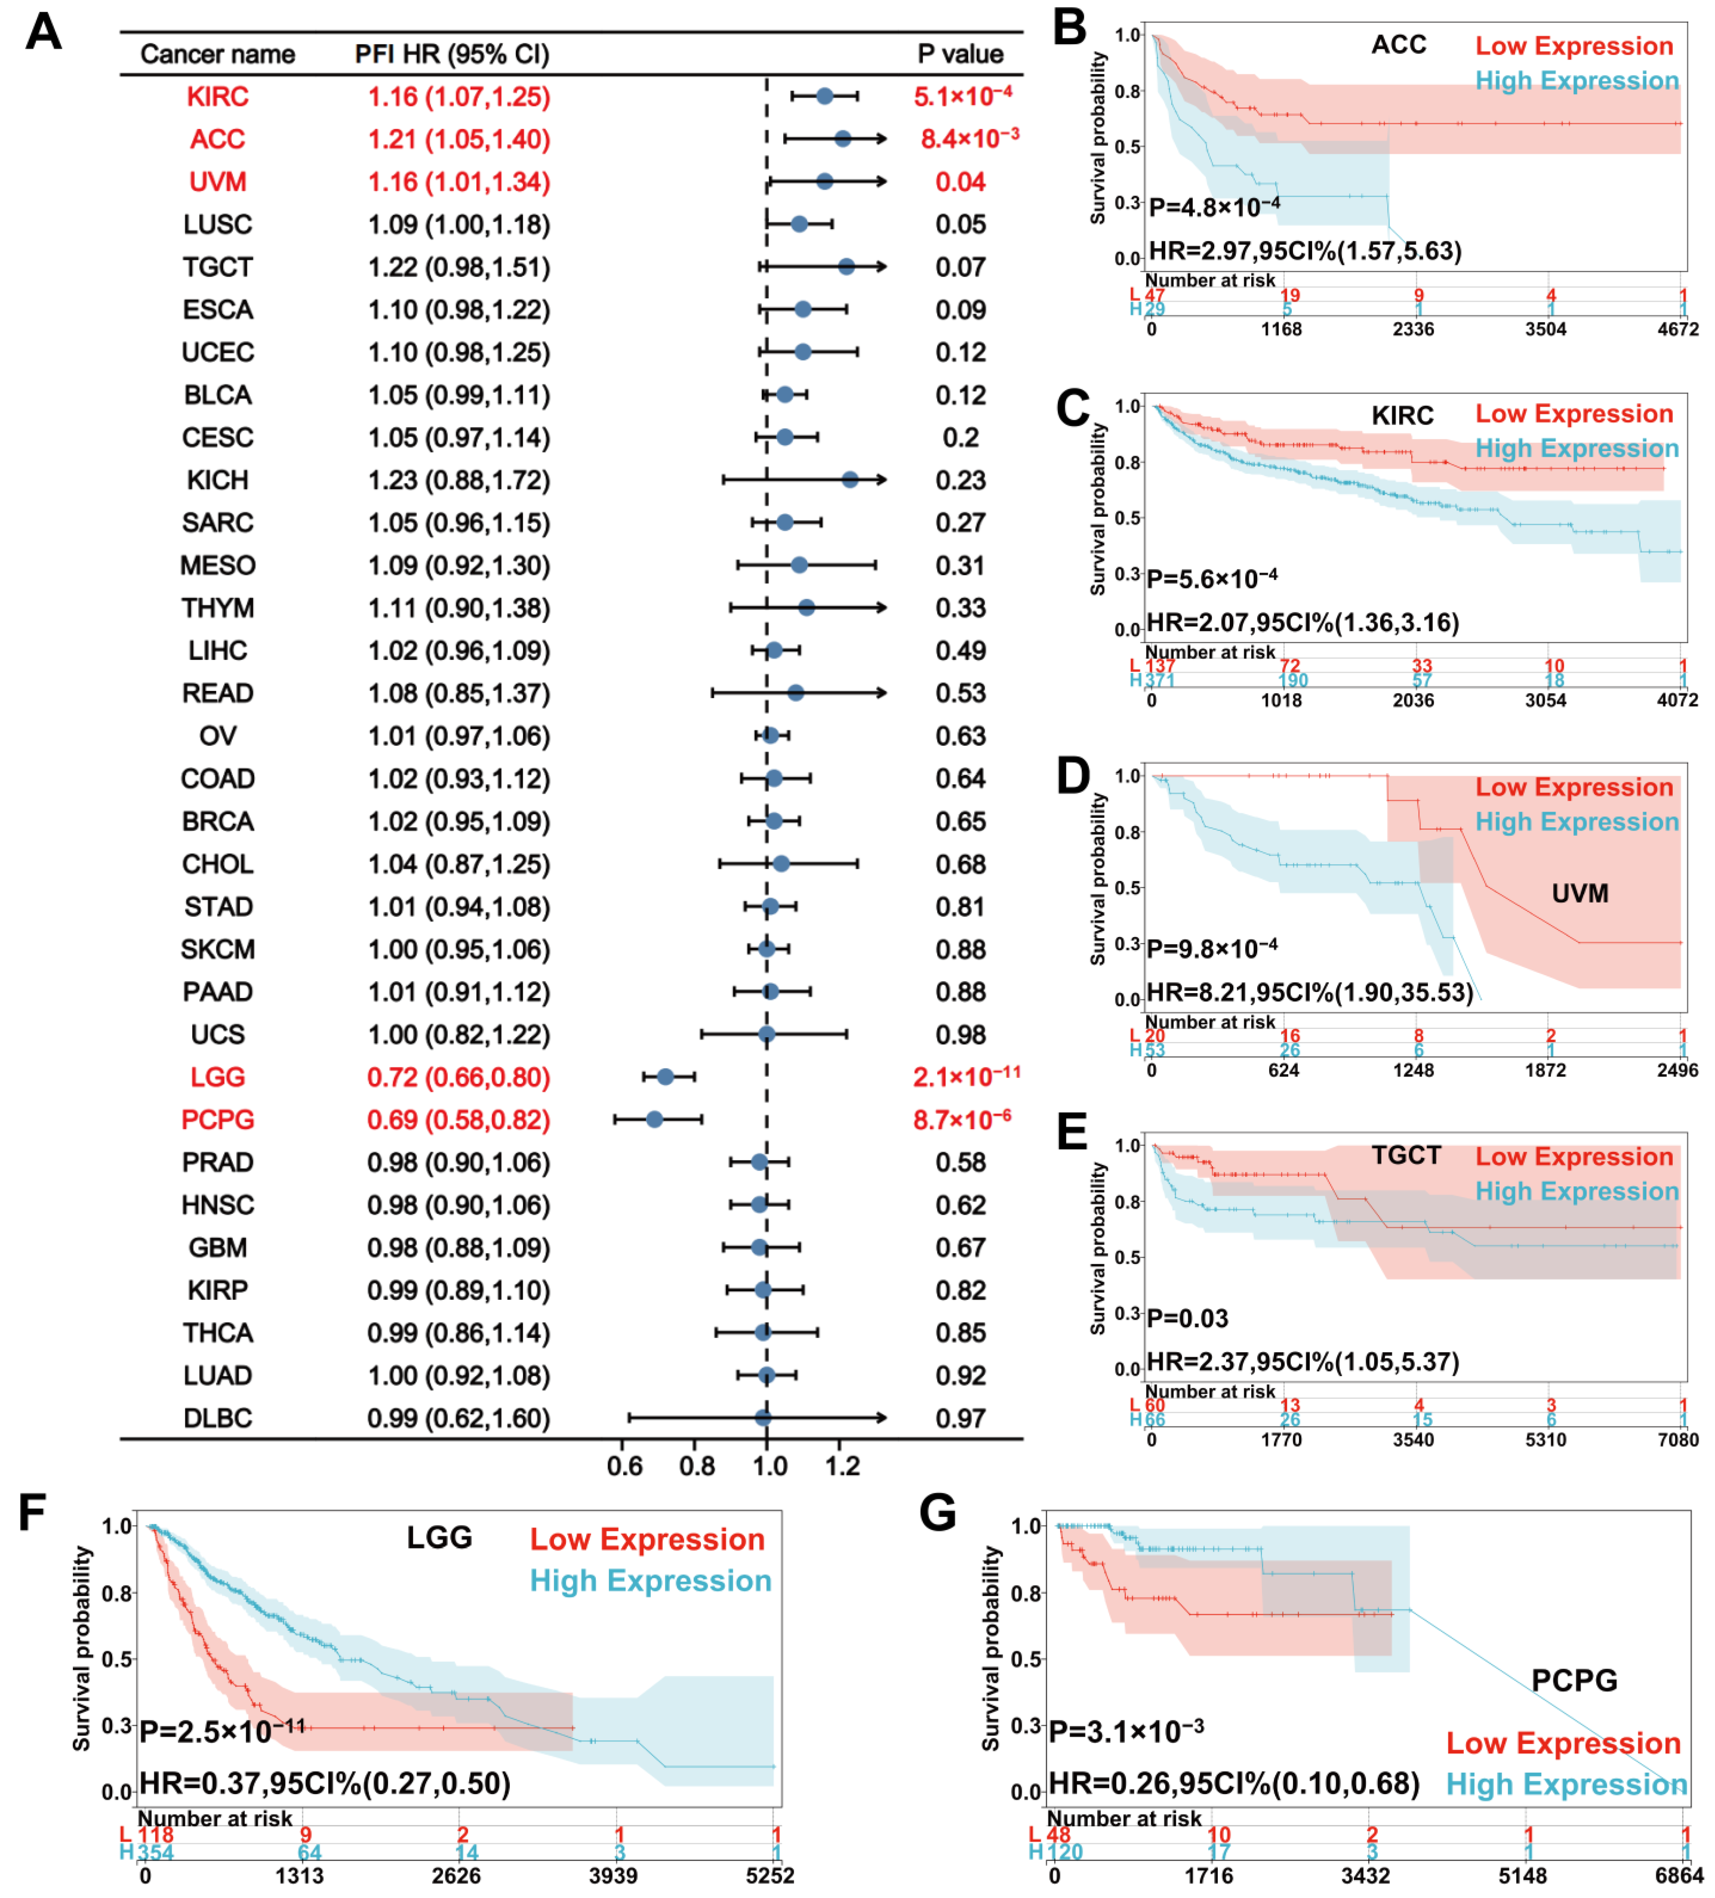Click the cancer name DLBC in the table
(x=218, y=1418)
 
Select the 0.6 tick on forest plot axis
(x=624, y=1466)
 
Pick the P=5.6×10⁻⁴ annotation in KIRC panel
(x=1212, y=577)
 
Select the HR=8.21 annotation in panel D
(x=1309, y=992)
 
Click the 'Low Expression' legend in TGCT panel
(x=1574, y=1156)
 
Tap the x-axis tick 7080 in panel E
(x=1677, y=1440)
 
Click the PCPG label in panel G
(x=1574, y=1680)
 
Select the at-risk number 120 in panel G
(x=1065, y=1852)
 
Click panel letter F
(x=33, y=1513)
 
